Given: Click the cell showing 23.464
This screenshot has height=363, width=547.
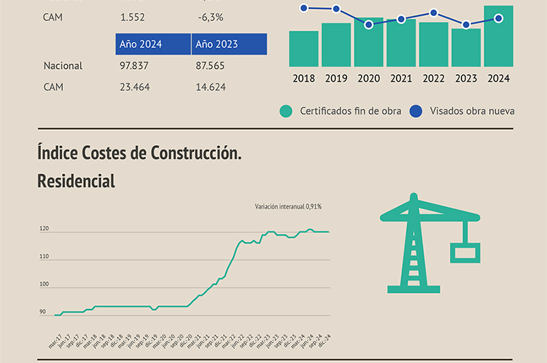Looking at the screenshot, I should pos(134,87).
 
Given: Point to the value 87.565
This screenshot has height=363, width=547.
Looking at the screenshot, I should pos(211,66).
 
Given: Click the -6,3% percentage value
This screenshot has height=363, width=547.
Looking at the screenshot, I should pos(211,17).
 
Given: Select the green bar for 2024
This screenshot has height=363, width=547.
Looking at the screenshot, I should pos(498,38).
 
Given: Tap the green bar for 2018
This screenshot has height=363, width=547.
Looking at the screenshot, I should pos(304,49).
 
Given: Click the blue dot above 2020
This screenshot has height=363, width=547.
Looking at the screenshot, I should pos(369,25).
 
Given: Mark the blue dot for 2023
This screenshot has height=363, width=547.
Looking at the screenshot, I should pos(466,25).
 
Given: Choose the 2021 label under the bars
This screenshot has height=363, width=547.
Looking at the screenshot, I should pos(401,79).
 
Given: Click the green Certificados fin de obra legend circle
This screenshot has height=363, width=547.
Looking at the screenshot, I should pos(286,111).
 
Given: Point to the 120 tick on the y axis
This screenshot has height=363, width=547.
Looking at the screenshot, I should pos(44,229).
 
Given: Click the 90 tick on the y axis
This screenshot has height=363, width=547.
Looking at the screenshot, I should pos(42,312).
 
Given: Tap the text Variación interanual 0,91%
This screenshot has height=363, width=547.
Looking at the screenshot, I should pos(288,206).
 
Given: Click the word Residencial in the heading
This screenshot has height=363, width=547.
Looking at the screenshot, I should pos(76,181).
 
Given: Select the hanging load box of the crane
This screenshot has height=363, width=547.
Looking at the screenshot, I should pos(466,253).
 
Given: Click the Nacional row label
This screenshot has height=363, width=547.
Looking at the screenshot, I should pos(63,66).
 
